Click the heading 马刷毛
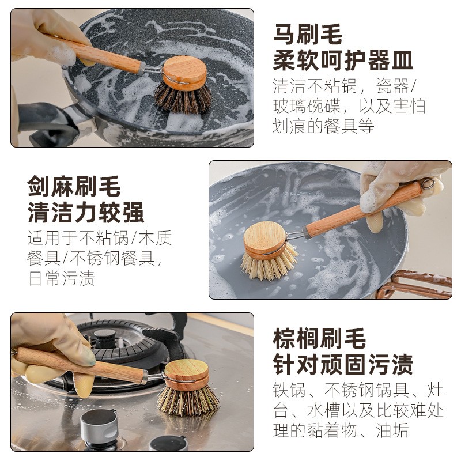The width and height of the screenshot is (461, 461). click(307, 35)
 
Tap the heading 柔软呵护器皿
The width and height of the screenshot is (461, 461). click(343, 60)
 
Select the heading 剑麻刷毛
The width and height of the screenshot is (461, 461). click(74, 187)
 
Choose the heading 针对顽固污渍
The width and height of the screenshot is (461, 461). click(343, 364)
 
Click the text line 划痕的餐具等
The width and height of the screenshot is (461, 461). click(323, 125)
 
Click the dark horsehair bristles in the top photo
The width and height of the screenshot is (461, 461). click(183, 100)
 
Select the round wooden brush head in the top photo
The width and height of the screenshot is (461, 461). click(184, 73)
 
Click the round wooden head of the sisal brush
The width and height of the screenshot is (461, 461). click(264, 240)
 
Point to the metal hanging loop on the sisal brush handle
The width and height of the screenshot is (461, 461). click(426, 184)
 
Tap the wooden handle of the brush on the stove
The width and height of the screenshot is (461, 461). click(81, 365)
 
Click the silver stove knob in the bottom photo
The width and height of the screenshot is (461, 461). click(99, 427)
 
